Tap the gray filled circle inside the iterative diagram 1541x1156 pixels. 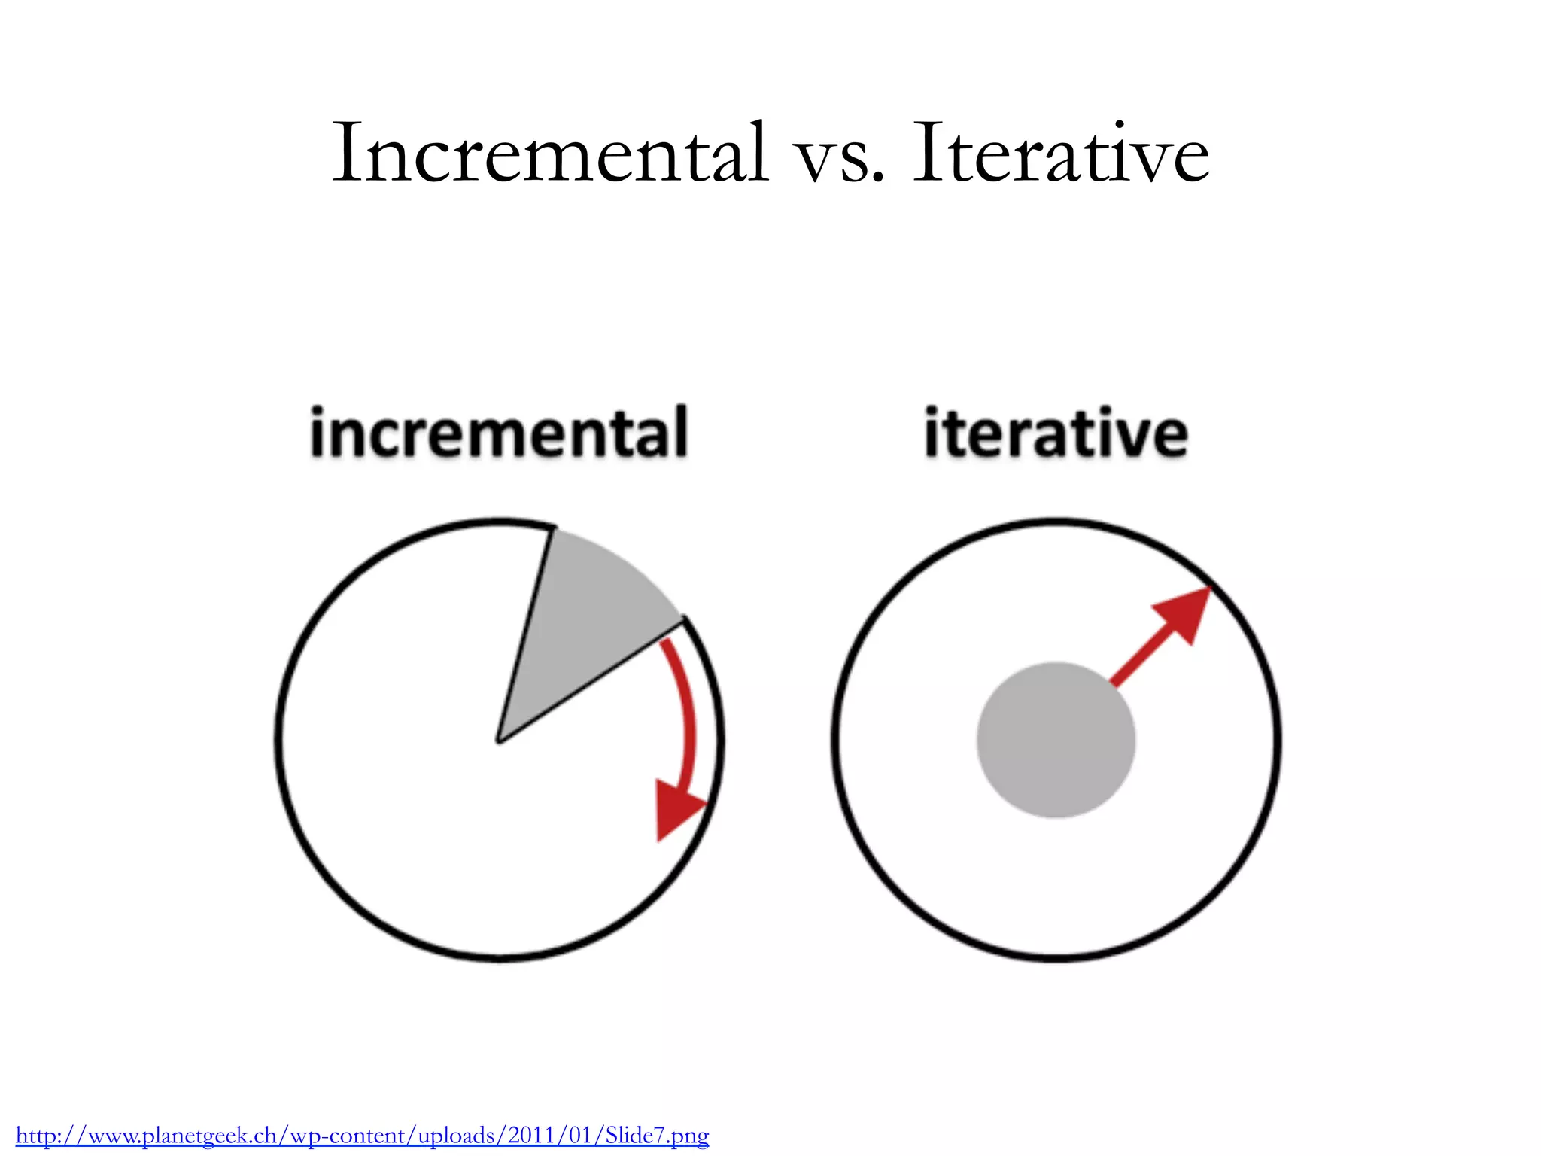(1056, 740)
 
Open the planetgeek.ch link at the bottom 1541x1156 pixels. (362, 1135)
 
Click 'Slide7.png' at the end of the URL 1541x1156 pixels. (656, 1135)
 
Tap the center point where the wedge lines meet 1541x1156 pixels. (499, 741)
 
